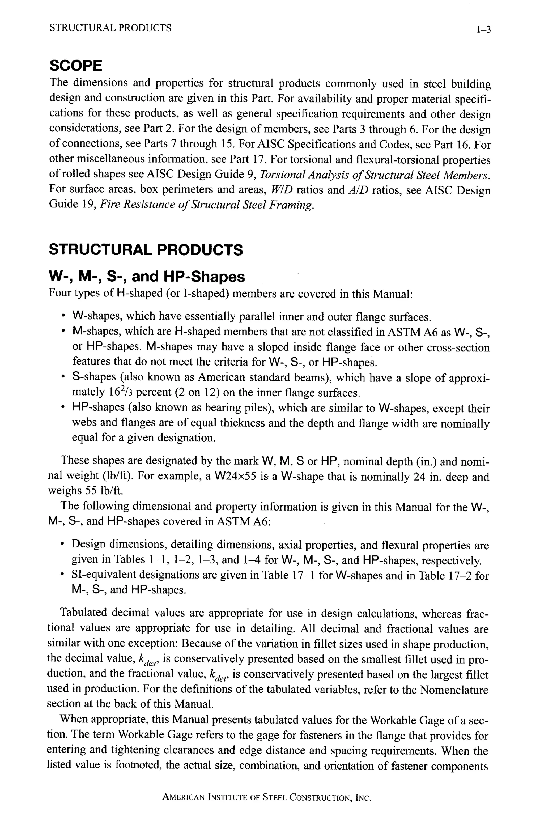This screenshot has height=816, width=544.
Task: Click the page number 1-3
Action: pos(483,30)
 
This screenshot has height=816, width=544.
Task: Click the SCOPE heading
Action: pos(76,66)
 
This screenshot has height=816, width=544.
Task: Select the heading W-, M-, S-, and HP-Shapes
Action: pos(146,277)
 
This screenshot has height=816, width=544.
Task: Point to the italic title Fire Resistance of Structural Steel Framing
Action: pos(207,205)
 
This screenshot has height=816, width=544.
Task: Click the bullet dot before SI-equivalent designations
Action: pos(63,575)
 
